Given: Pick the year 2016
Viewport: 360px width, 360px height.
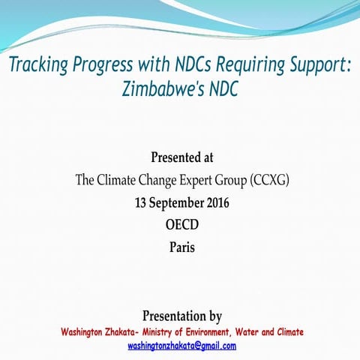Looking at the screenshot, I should (217, 202).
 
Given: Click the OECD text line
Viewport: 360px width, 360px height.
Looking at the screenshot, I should (182, 224).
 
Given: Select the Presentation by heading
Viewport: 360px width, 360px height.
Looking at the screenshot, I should (182, 316).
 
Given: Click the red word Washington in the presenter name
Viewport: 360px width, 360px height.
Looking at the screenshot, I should (88, 332).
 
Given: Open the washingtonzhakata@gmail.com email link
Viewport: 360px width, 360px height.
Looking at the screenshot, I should (182, 346).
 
